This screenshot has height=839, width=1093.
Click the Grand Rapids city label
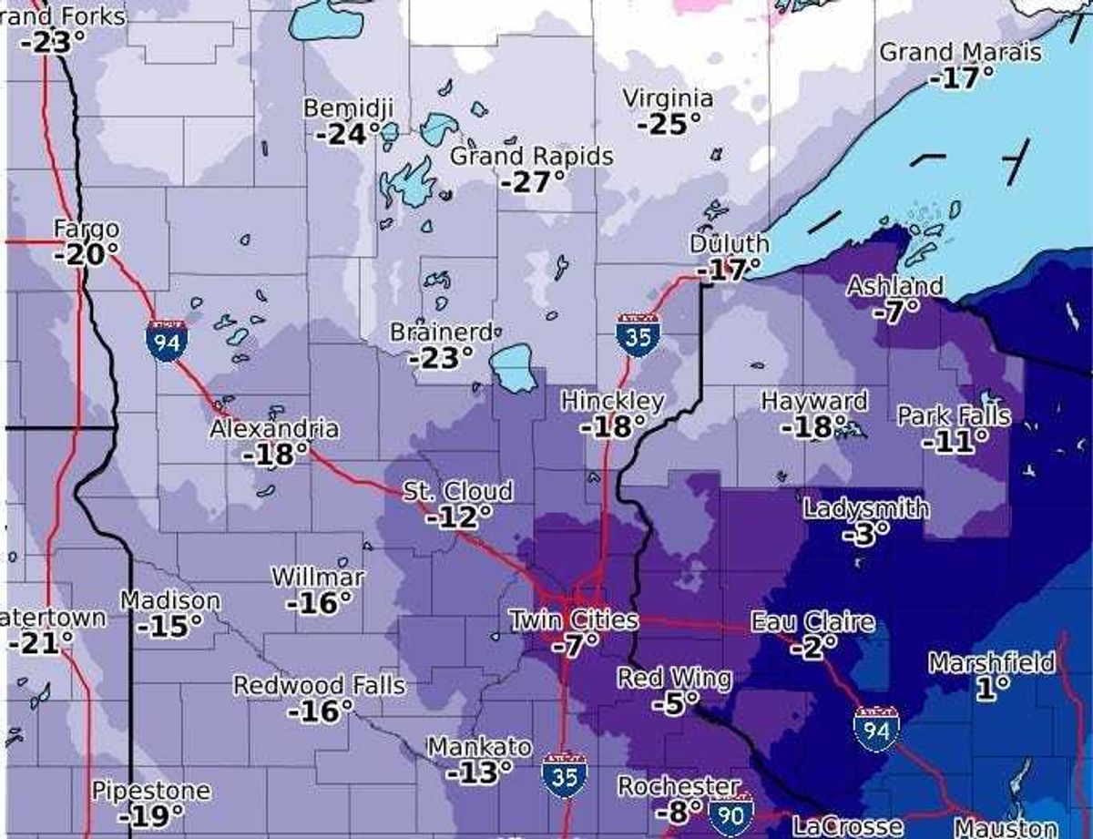[532, 156]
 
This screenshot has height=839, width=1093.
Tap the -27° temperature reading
[532, 182]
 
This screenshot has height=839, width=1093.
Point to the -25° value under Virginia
[669, 124]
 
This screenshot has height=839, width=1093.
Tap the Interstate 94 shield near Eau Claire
[876, 726]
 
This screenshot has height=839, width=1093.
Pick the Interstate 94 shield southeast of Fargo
[167, 341]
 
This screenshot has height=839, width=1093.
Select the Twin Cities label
[573, 620]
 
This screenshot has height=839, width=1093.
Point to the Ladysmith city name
[865, 508]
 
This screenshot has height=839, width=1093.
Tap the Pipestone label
[150, 791]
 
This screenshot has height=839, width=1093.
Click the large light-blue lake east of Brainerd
[515, 366]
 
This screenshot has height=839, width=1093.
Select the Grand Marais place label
[959, 52]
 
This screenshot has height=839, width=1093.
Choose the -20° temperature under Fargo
[86, 254]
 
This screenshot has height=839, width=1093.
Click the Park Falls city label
[954, 416]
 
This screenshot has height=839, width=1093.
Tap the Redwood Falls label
[319, 684]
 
